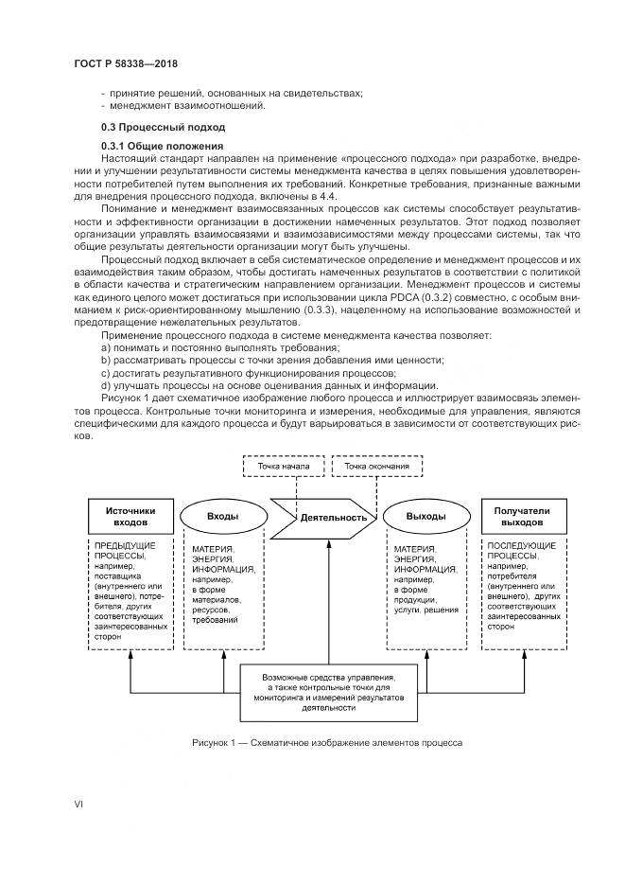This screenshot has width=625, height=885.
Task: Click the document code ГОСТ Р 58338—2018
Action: coord(127,63)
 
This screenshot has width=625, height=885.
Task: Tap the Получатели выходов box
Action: coord(520,516)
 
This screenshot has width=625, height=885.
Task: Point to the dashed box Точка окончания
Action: coord(376,467)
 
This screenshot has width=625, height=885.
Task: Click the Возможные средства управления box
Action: coord(329,693)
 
